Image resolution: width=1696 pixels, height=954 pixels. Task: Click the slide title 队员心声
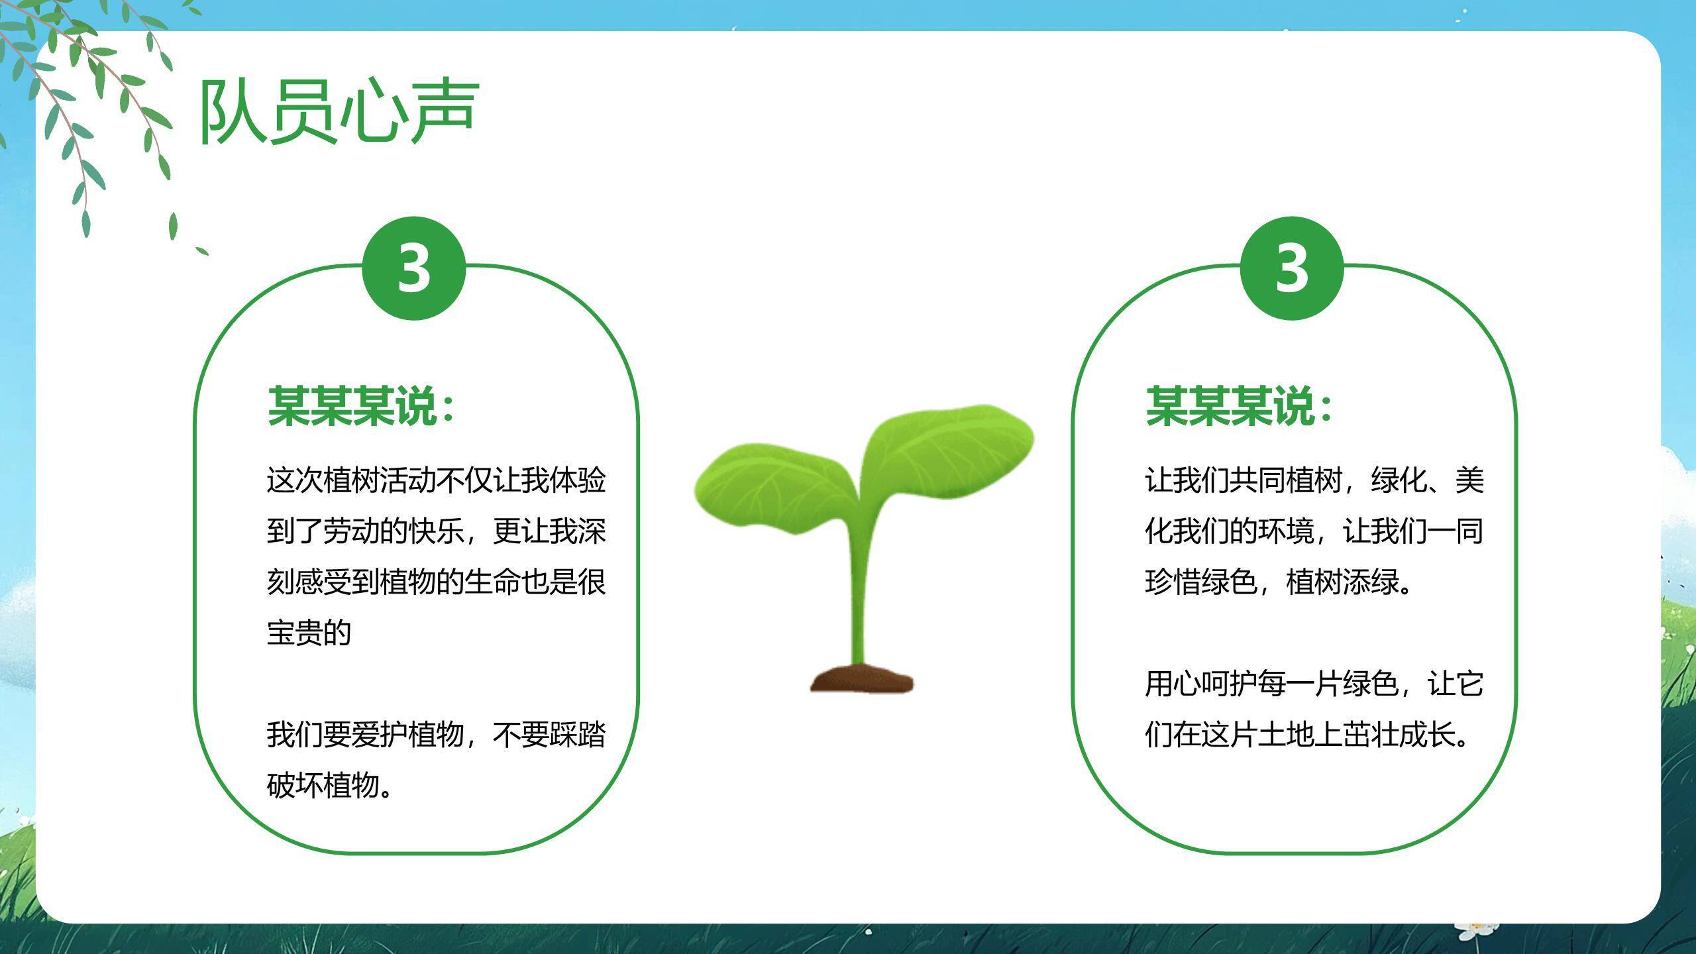(339, 111)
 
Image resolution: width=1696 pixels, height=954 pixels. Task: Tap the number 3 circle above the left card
(414, 268)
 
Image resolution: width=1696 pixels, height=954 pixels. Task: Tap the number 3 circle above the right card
(1291, 268)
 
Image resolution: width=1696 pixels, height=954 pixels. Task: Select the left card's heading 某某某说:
(361, 405)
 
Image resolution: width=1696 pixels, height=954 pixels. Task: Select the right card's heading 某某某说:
(1239, 405)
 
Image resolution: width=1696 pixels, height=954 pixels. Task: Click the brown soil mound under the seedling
(861, 679)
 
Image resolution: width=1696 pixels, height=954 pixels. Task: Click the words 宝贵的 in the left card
(309, 633)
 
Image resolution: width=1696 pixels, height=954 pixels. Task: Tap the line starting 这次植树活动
(436, 480)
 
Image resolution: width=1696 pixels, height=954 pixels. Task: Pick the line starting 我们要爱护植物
(436, 735)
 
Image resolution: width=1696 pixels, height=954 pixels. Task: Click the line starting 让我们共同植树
(1314, 480)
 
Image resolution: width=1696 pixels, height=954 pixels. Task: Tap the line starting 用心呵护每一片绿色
(1314, 684)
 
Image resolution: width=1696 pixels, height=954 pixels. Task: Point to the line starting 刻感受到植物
(436, 582)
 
